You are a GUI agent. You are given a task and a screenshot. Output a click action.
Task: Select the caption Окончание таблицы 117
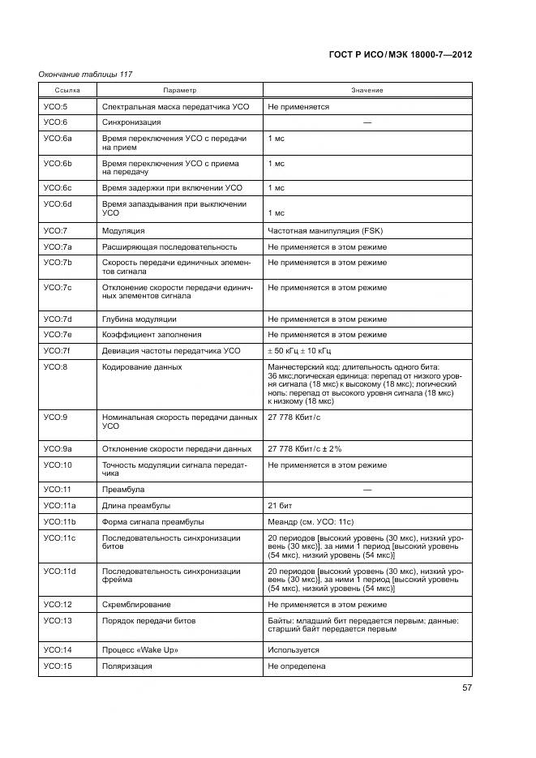click(x=85, y=75)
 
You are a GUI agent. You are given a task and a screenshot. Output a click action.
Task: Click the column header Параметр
click(x=179, y=90)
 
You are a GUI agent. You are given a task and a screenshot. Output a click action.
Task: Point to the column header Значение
click(x=367, y=90)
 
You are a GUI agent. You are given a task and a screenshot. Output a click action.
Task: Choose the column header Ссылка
click(x=67, y=90)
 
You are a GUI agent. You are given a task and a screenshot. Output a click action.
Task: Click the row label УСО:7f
click(x=58, y=350)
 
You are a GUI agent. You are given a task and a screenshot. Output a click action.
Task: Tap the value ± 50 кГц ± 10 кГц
click(x=299, y=350)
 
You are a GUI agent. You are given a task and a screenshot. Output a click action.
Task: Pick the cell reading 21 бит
click(x=280, y=505)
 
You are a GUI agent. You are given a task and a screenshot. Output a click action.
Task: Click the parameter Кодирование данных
click(x=141, y=366)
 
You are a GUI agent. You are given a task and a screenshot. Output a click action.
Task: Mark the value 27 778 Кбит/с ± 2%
click(x=305, y=448)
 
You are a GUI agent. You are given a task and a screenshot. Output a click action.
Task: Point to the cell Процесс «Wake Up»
click(x=139, y=649)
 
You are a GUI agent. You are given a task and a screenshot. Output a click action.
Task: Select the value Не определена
click(x=296, y=666)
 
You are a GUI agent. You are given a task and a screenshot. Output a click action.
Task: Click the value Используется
click(x=294, y=649)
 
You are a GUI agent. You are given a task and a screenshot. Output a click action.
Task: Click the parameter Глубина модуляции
click(x=139, y=319)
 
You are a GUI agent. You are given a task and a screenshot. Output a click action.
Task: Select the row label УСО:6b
click(x=58, y=163)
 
